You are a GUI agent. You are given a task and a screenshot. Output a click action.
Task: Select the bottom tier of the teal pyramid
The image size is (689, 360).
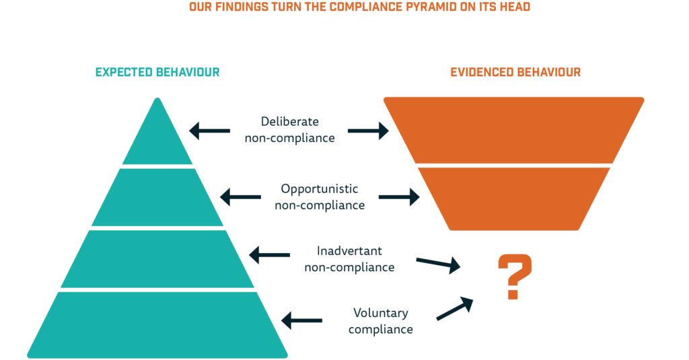coord(157,325)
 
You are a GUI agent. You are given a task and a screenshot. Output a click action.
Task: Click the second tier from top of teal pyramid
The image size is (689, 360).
coord(157,197)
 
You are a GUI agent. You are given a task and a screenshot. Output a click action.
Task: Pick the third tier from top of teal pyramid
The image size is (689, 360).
coord(157,259)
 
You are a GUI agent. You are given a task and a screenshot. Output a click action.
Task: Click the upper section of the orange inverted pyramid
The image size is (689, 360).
coord(513,130)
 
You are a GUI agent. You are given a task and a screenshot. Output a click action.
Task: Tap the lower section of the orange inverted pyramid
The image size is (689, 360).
coord(513,199)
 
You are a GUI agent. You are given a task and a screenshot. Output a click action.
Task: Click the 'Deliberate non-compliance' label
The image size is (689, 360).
coord(289,130)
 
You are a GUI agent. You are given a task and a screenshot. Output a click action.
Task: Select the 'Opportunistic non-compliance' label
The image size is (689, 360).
coord(320,197)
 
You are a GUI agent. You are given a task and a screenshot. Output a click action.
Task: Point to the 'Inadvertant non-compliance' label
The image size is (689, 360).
coord(349,259)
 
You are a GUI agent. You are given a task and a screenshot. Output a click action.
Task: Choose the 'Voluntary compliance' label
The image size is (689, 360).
coord(381,321)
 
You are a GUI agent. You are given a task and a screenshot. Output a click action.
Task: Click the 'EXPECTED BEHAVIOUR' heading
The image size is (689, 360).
coord(157,72)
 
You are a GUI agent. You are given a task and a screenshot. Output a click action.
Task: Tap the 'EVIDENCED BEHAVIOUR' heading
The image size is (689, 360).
coord(515,72)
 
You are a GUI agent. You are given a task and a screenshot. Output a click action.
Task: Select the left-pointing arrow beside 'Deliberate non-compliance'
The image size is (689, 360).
coord(210,131)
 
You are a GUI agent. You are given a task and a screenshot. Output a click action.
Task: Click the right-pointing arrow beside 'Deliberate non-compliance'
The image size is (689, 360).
coord(368,131)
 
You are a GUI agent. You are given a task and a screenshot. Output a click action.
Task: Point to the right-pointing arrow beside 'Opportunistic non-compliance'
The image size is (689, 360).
coord(399,197)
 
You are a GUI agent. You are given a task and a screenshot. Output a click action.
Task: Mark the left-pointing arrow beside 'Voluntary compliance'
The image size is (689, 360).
coord(301,320)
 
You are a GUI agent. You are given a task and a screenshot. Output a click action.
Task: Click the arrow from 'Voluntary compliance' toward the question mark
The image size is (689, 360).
coord(455,309)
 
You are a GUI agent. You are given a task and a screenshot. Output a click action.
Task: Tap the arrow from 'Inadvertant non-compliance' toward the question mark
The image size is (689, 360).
coord(438,264)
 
